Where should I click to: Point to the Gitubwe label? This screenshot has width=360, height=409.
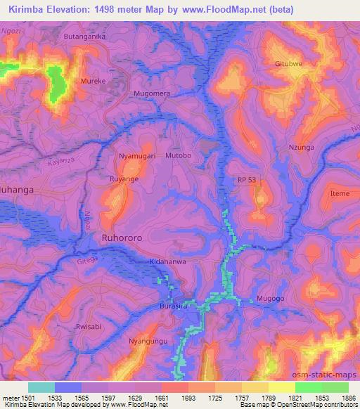[288, 63]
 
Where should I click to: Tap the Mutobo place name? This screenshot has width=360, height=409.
[178, 155]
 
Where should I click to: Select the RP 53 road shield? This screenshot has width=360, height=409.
[246, 180]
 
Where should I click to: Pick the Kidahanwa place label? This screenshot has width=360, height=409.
[168, 262]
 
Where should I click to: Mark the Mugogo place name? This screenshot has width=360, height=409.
[270, 299]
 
